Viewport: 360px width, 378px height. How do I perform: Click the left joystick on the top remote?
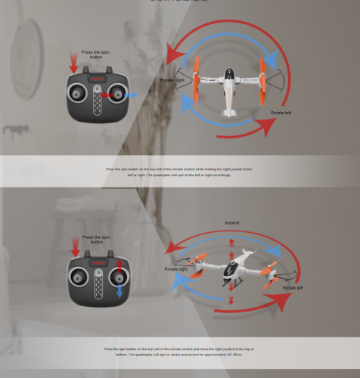(x=78, y=95)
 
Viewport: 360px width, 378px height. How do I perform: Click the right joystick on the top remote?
(x=116, y=95)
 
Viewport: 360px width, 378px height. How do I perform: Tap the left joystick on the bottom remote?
(x=79, y=274)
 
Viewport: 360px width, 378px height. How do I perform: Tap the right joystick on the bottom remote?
(x=116, y=274)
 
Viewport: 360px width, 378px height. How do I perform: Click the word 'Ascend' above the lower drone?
(x=232, y=223)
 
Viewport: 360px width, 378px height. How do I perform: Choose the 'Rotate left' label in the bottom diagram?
(x=290, y=288)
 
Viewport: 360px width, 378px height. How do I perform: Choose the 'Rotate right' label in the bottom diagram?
(x=175, y=269)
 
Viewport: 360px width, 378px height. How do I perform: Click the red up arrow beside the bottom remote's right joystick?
(x=119, y=265)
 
